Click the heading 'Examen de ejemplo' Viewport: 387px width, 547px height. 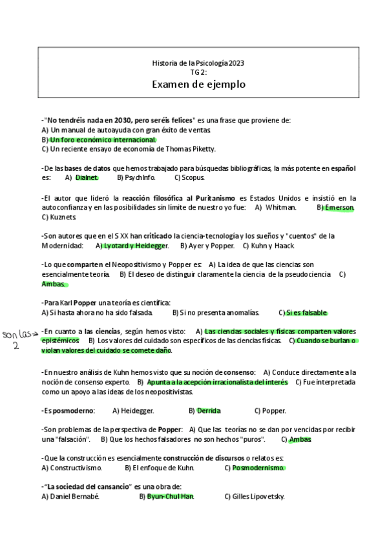coord(198,85)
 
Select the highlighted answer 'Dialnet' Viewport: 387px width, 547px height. coord(87,177)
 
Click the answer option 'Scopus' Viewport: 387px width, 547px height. coord(193,177)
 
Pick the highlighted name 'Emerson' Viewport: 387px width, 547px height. coord(339,208)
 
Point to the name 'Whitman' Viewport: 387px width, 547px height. coord(280,208)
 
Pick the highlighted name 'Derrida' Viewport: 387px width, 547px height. coord(208,411)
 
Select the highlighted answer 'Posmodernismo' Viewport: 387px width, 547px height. coord(258,468)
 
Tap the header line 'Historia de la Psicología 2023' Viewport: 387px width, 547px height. coord(198,63)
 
